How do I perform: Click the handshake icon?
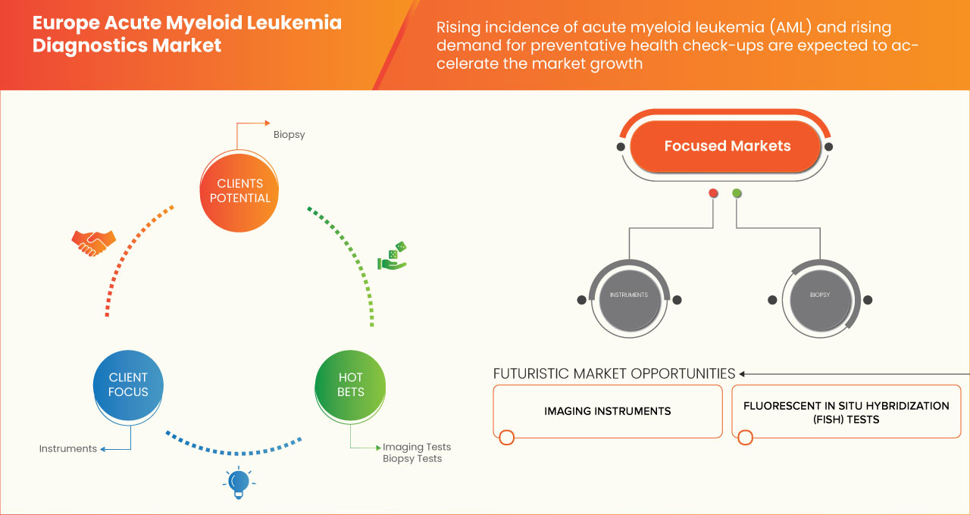[93, 242]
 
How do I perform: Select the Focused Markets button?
[726, 146]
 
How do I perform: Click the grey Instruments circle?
[628, 295]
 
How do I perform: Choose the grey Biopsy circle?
[819, 295]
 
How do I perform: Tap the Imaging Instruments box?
[607, 411]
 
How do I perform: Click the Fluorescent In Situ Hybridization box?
[846, 412]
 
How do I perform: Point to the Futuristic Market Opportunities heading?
[614, 373]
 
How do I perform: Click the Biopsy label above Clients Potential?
[289, 135]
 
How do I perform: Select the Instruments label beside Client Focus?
[68, 448]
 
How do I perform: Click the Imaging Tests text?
[416, 447]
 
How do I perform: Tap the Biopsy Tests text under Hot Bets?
[411, 459]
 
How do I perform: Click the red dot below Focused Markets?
[713, 193]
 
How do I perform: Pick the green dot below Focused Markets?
[737, 193]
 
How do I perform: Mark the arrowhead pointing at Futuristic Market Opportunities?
[743, 373]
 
